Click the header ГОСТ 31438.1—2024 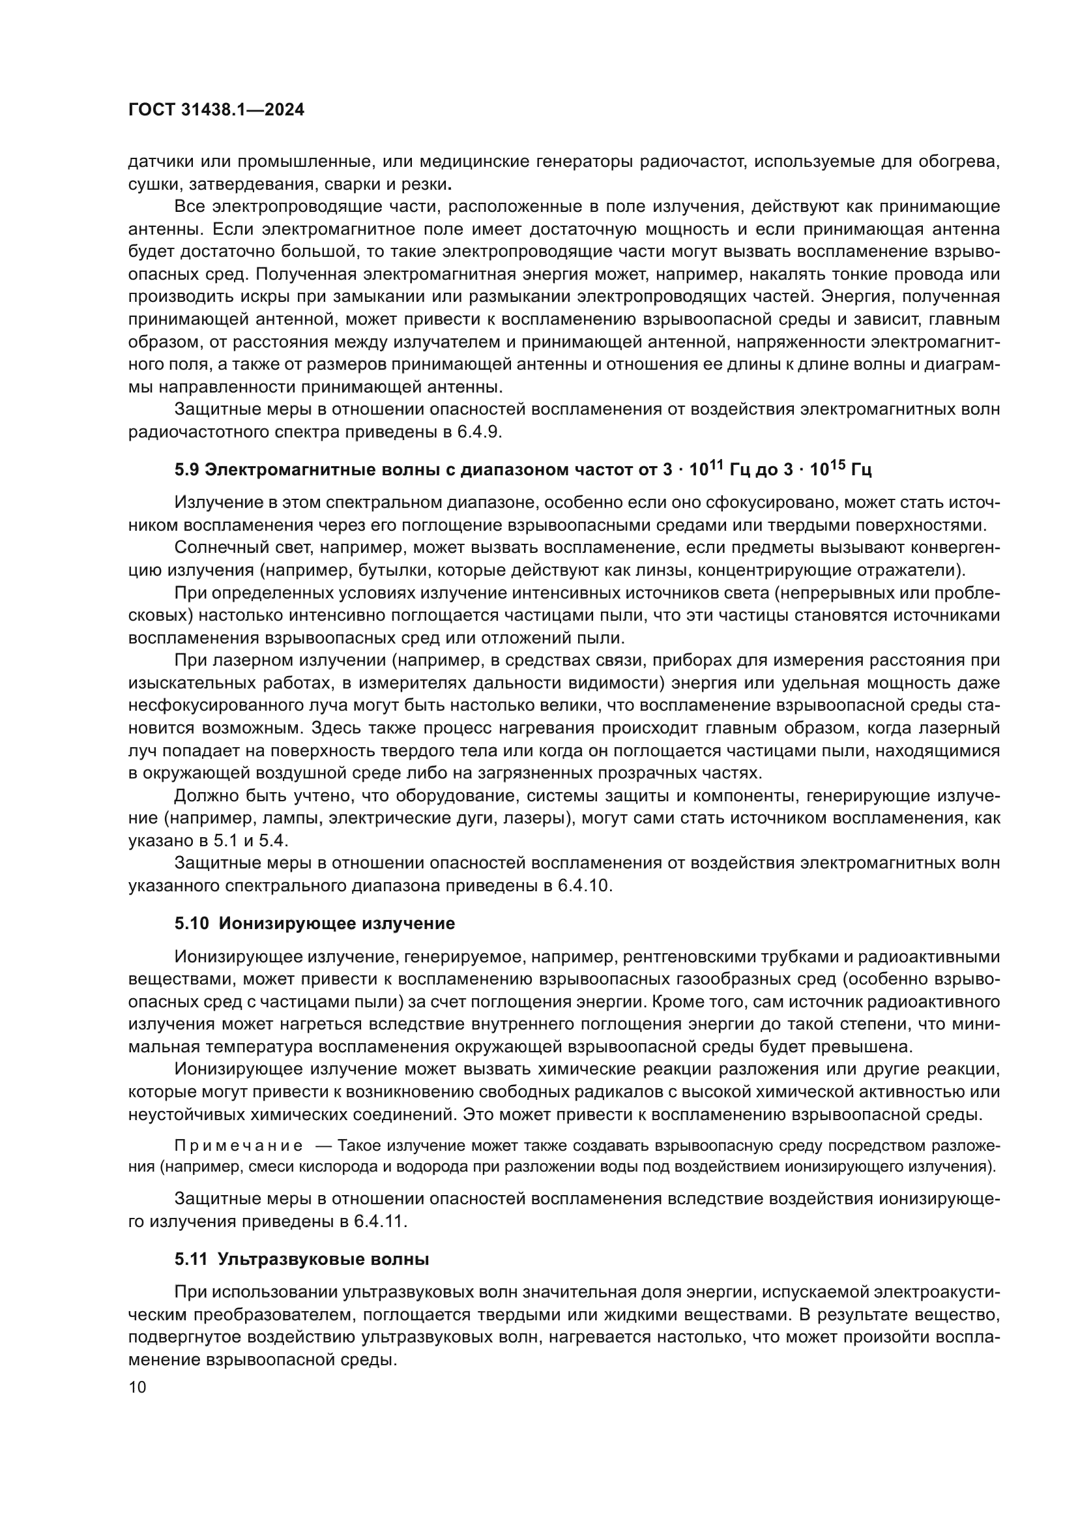[216, 110]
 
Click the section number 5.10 [192, 924]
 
